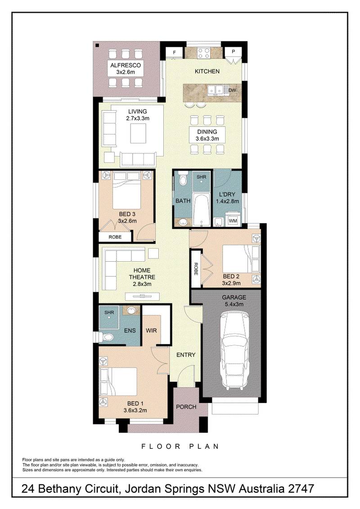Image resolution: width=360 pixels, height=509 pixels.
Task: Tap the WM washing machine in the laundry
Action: point(233,221)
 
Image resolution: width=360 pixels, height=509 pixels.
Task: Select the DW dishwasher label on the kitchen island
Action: point(232,90)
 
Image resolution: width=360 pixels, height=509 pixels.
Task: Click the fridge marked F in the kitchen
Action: point(174,53)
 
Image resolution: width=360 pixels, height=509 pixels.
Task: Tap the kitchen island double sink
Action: point(217,90)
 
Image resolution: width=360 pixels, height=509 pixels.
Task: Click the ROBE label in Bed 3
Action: point(114,237)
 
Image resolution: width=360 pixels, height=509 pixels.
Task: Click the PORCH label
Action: point(186,407)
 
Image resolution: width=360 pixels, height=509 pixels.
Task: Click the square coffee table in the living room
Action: point(139,133)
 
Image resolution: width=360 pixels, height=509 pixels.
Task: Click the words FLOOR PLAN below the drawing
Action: point(180,446)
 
